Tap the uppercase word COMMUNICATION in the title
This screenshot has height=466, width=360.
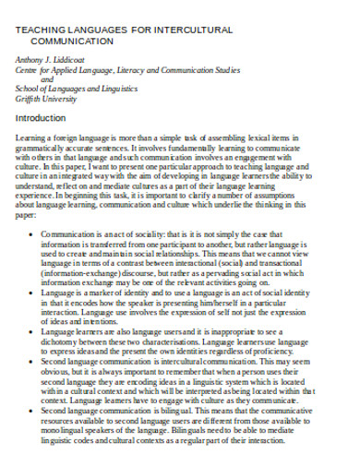69,42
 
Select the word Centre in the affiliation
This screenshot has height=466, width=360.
30,70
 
